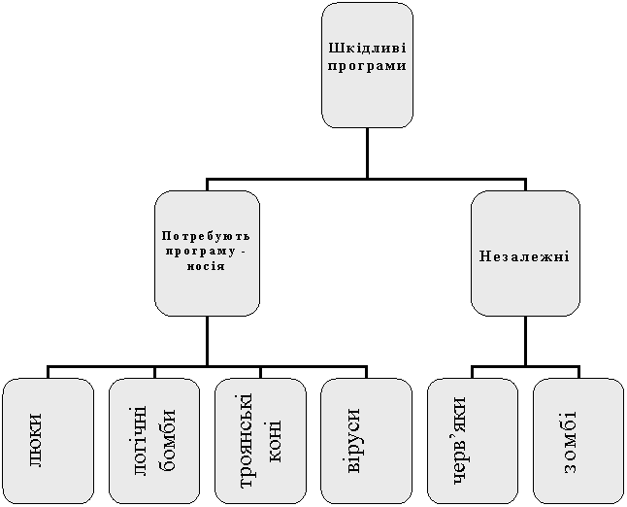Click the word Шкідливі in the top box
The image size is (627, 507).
tap(367, 49)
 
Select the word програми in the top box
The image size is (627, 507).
tap(367, 66)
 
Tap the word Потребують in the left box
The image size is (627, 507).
tap(206, 236)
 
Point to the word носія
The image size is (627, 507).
tap(206, 266)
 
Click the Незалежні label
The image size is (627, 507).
tap(524, 256)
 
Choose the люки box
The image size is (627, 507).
tap(48, 441)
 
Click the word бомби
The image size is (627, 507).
tap(167, 439)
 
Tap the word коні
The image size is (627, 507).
tap(272, 441)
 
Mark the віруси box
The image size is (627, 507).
tap(366, 441)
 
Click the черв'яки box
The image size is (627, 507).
tap(473, 441)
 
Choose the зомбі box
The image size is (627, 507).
tap(578, 441)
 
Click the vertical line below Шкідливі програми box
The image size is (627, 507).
tap(367, 152)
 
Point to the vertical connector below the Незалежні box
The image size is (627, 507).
tap(525, 341)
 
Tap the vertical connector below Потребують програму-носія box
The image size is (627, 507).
tap(207, 341)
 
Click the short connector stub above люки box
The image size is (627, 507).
tap(48, 372)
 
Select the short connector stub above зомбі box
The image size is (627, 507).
tap(578, 372)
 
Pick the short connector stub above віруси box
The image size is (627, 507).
tap(366, 372)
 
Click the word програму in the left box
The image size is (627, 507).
tap(201, 253)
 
